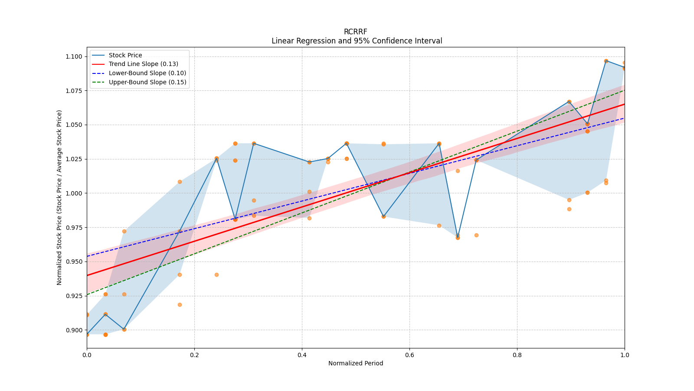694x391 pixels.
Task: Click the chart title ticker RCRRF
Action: pyautogui.click(x=355, y=32)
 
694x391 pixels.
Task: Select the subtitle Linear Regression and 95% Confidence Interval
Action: pyautogui.click(x=357, y=41)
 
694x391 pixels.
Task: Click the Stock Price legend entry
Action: pyautogui.click(x=125, y=55)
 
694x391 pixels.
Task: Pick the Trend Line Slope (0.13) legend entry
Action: pyautogui.click(x=143, y=64)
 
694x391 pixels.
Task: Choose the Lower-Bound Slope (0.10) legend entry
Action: pyautogui.click(x=147, y=73)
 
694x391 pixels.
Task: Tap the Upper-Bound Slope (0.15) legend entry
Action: pyautogui.click(x=147, y=82)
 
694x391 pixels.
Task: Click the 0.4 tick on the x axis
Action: pyautogui.click(x=302, y=355)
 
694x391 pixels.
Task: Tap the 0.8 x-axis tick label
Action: pyautogui.click(x=517, y=355)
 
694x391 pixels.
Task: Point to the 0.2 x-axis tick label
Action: pyautogui.click(x=194, y=355)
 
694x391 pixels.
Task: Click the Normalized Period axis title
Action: pyautogui.click(x=356, y=363)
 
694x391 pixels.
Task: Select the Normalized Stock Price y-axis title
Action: pyautogui.click(x=59, y=197)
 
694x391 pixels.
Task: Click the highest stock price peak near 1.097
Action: pyautogui.click(x=606, y=61)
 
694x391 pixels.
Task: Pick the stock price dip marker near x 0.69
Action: pyautogui.click(x=458, y=238)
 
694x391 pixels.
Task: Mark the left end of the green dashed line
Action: pyautogui.click(x=87, y=295)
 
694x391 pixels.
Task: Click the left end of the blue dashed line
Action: pyautogui.click(x=87, y=256)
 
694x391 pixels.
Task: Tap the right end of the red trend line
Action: pyautogui.click(x=624, y=104)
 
